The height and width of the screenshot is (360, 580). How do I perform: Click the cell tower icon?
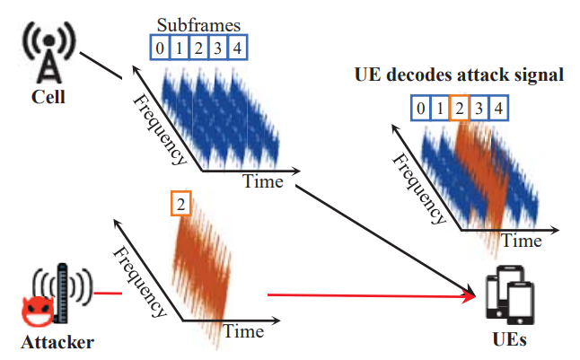(x=48, y=52)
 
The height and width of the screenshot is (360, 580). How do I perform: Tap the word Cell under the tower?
(x=48, y=97)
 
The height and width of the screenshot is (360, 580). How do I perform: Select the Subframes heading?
(x=198, y=25)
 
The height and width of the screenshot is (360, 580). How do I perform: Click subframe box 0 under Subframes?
(x=160, y=48)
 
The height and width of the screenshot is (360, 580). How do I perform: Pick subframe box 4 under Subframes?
(x=237, y=48)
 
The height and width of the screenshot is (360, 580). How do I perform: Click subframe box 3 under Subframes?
(x=218, y=48)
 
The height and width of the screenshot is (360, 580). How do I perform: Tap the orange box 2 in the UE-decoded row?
(x=460, y=108)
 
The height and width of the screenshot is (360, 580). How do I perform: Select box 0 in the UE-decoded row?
(x=420, y=108)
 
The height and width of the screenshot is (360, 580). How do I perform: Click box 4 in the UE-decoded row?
(x=498, y=108)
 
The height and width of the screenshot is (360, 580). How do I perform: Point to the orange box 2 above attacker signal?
(x=180, y=204)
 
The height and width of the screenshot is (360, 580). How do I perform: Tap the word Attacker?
(x=57, y=342)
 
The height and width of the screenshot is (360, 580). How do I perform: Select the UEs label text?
(x=509, y=339)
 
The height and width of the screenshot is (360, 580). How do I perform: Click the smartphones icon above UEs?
(x=510, y=294)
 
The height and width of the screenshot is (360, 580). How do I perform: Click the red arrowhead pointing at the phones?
(x=469, y=296)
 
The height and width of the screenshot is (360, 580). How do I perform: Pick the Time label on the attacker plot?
(x=243, y=331)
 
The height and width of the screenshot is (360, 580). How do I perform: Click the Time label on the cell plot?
(x=263, y=181)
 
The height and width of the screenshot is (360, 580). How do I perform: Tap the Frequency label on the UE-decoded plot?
(x=419, y=189)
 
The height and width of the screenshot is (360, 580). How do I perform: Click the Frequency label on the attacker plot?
(x=139, y=282)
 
